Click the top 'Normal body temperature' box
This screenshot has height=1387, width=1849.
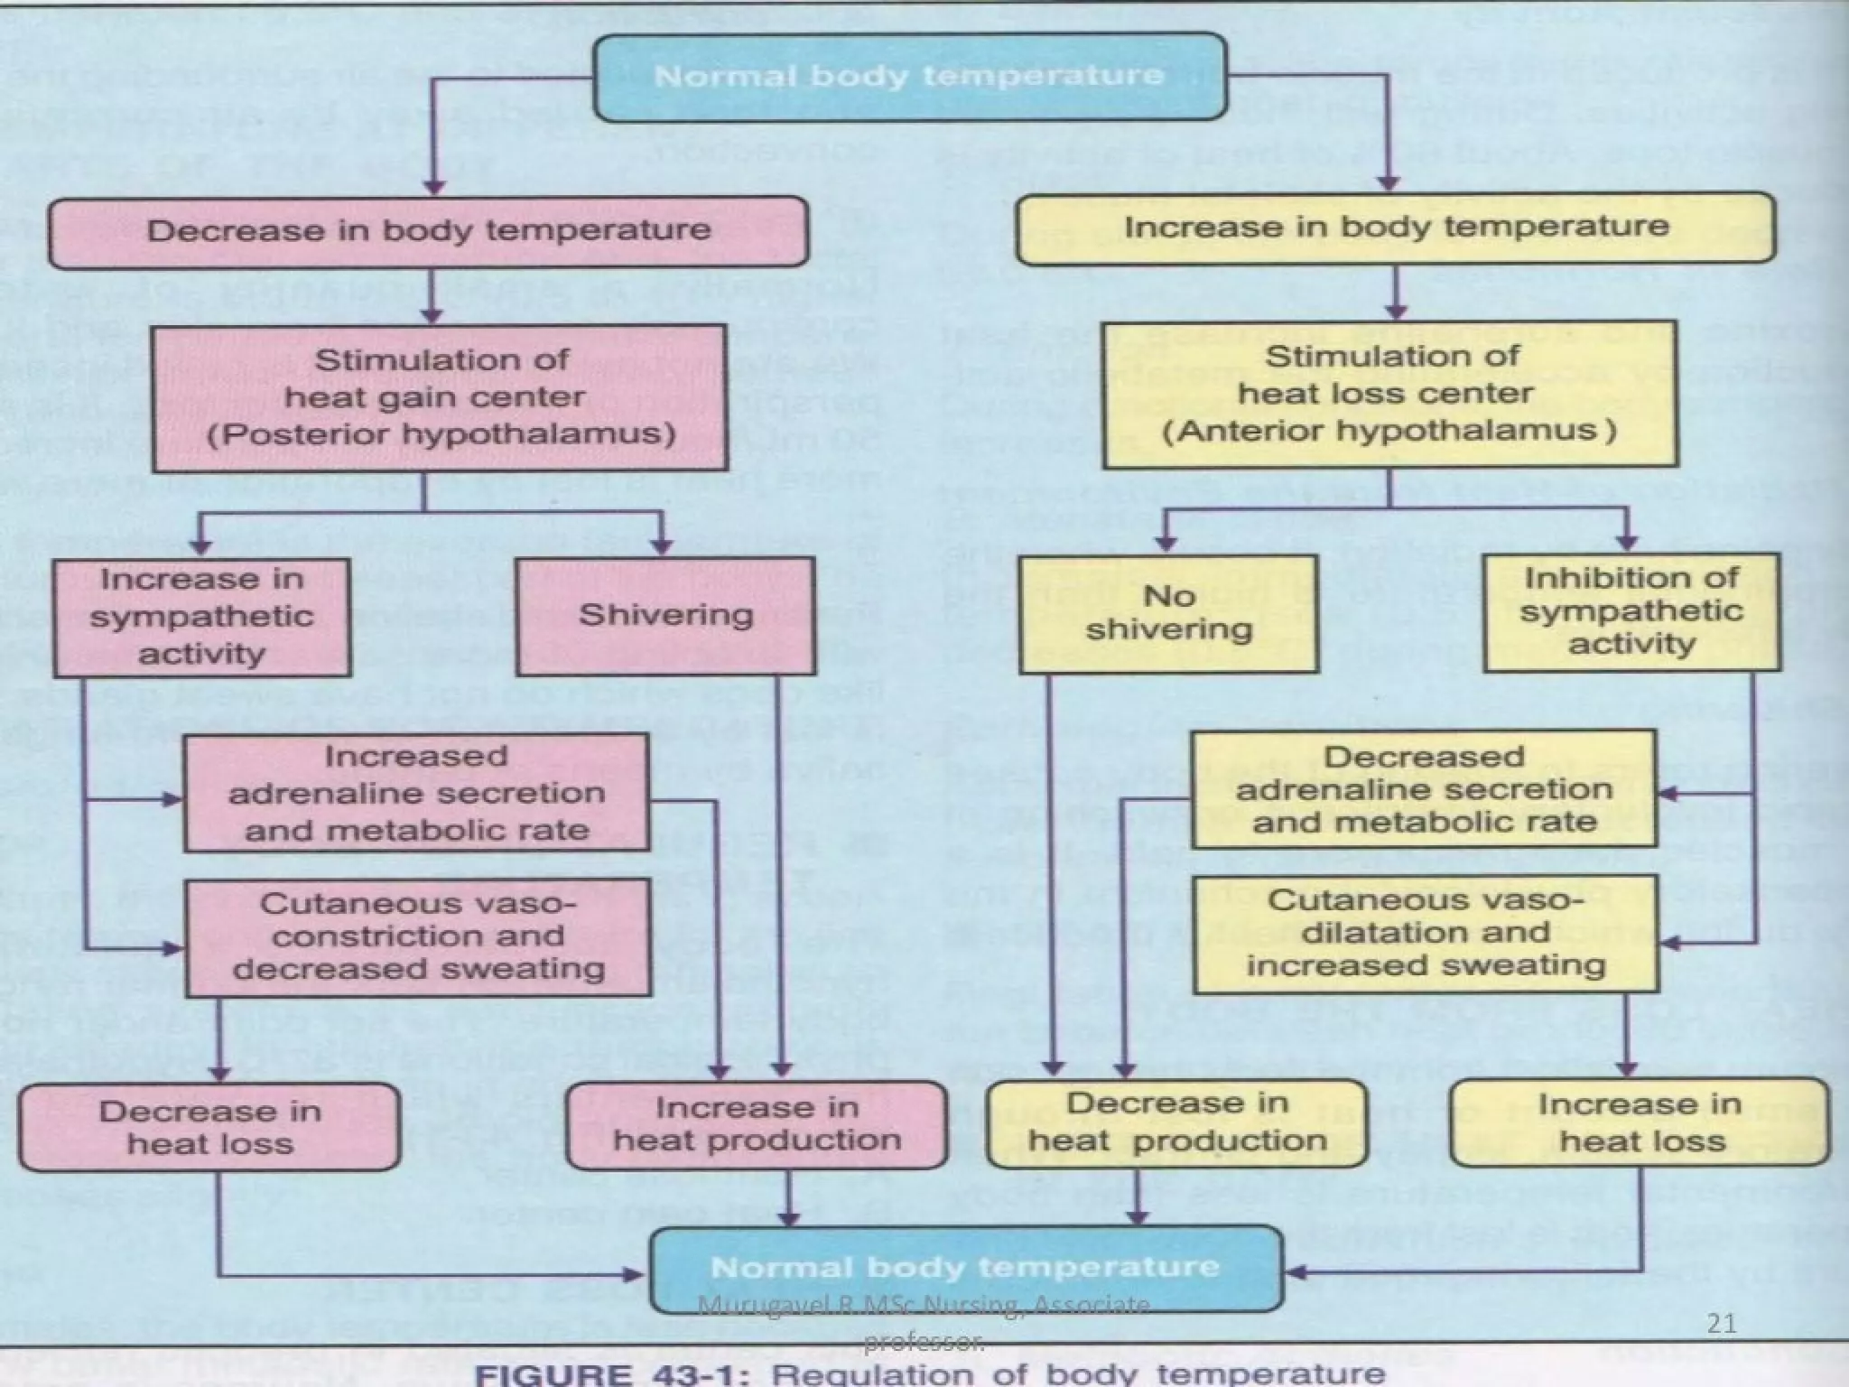tap(909, 76)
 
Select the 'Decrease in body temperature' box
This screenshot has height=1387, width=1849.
tap(428, 231)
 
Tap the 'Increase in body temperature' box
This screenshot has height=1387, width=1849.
tap(1395, 228)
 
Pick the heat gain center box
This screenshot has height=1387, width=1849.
tap(441, 398)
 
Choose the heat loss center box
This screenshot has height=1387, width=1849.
tap(1389, 394)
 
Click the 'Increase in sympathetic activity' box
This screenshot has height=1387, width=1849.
tap(201, 617)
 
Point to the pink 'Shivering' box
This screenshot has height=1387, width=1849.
tap(665, 616)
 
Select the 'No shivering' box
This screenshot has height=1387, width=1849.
tap(1168, 613)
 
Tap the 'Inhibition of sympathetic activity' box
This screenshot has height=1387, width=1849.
tap(1631, 611)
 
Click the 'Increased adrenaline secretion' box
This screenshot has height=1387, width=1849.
tap(416, 793)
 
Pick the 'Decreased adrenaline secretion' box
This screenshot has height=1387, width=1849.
tap(1424, 789)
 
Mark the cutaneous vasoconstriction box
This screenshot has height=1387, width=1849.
tap(417, 937)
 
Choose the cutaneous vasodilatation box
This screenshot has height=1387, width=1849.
tap(1426, 934)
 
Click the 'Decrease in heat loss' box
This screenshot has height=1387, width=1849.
tap(209, 1127)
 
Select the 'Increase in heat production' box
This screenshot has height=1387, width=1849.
tap(757, 1124)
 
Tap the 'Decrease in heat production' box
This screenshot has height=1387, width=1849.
tap(1176, 1122)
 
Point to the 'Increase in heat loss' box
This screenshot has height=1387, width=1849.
tap(1640, 1122)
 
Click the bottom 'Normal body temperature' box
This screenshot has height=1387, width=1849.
tap(965, 1268)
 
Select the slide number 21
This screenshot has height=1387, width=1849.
tap(1722, 1324)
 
